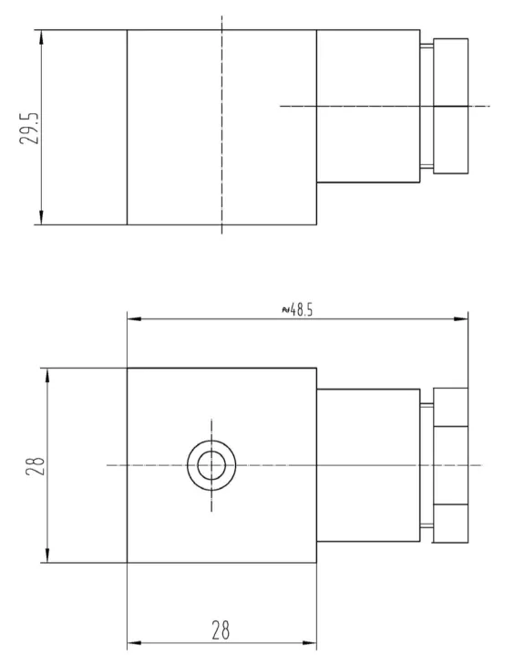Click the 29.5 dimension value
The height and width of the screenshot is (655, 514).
coord(31,128)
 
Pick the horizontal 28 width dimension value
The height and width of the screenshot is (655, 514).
coord(221,629)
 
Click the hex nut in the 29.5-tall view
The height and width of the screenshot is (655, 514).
coord(451,106)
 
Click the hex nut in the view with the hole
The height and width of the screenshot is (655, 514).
coord(451,465)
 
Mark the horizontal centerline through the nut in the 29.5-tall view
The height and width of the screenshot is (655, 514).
coord(383,107)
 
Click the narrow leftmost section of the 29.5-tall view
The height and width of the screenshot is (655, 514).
coord(84,127)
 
